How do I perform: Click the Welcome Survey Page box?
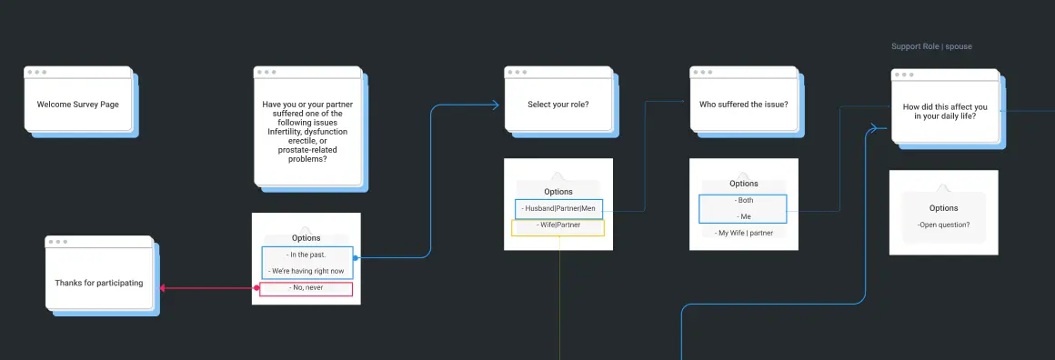78,105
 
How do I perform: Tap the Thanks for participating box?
99,283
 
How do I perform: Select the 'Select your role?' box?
558,105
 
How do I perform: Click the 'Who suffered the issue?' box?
743,105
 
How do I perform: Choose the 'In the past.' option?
306,255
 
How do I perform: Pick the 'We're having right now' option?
306,271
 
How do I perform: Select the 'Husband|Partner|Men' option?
558,208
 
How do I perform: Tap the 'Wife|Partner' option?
558,225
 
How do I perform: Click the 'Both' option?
743,200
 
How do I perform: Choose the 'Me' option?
743,216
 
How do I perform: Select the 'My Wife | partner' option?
743,233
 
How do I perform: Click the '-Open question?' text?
943,224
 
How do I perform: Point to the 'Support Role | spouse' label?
931,46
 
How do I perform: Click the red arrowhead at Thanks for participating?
163,288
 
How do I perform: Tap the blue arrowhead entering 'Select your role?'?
495,105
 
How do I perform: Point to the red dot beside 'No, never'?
256,289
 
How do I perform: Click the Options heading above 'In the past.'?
306,238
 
